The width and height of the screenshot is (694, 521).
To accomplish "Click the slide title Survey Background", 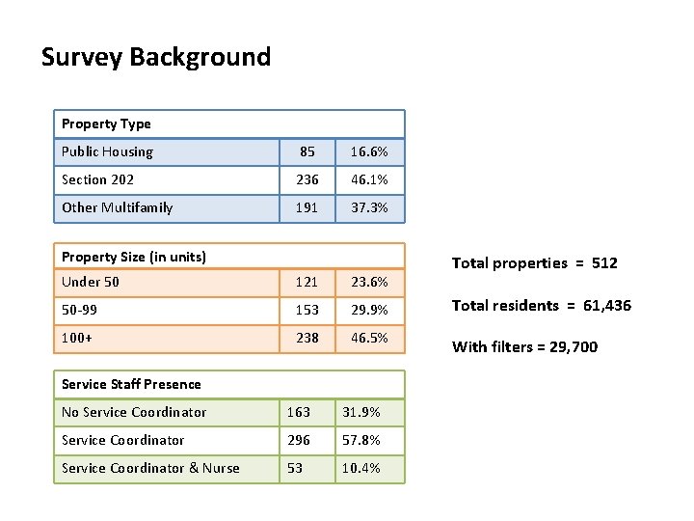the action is pyautogui.click(x=156, y=58).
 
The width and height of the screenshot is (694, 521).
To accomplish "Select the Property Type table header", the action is pyautogui.click(x=106, y=124).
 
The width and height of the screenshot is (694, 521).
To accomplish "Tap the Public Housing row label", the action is pyautogui.click(x=108, y=152).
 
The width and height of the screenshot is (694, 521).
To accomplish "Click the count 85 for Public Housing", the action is pyautogui.click(x=307, y=152).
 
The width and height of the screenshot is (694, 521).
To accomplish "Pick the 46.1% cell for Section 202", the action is pyautogui.click(x=369, y=179).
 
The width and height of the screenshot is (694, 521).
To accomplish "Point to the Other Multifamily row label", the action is pyautogui.click(x=118, y=207).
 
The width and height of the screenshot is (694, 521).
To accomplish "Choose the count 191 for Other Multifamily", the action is pyautogui.click(x=307, y=207).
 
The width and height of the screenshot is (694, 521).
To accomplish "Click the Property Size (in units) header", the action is pyautogui.click(x=134, y=257).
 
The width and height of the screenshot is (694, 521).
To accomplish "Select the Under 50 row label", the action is pyautogui.click(x=91, y=282).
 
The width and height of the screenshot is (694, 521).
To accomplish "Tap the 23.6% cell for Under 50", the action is pyautogui.click(x=369, y=282).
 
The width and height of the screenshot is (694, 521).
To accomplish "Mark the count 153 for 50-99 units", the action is pyautogui.click(x=307, y=310).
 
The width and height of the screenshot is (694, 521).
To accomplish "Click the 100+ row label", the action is pyautogui.click(x=77, y=338).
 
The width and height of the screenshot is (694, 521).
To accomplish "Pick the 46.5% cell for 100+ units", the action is pyautogui.click(x=369, y=338).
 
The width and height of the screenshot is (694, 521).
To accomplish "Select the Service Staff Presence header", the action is pyautogui.click(x=131, y=384).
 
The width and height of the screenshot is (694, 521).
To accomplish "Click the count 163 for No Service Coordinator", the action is pyautogui.click(x=299, y=413).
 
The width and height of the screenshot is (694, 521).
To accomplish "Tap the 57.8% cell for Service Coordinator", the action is pyautogui.click(x=361, y=440).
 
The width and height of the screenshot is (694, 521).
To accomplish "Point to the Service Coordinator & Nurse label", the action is pyautogui.click(x=150, y=468).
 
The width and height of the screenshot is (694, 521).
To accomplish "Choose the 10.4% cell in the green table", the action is pyautogui.click(x=361, y=468).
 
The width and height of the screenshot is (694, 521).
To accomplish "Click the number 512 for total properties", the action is pyautogui.click(x=604, y=263).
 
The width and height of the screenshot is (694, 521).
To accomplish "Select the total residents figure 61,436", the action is pyautogui.click(x=607, y=306).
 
